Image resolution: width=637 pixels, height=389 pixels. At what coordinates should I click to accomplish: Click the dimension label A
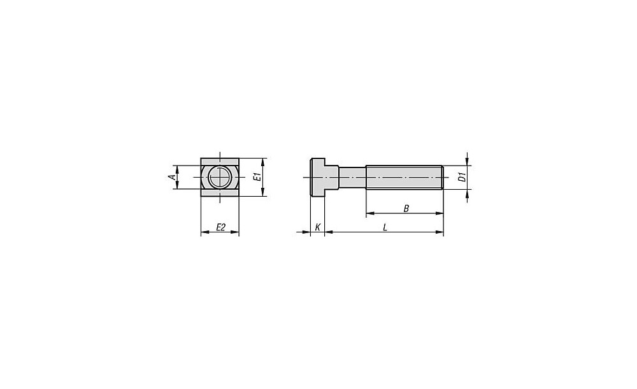tap(172, 177)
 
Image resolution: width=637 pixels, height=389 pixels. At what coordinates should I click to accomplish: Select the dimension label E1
tap(256, 177)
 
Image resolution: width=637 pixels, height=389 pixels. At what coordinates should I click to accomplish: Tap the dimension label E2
tap(220, 227)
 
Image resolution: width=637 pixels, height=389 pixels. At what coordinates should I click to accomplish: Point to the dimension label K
tap(318, 227)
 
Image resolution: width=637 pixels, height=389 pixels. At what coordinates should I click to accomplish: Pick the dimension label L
tap(385, 227)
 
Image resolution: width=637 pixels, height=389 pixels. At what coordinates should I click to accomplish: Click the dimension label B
tap(406, 209)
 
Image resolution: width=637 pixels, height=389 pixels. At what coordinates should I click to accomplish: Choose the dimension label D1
tap(461, 177)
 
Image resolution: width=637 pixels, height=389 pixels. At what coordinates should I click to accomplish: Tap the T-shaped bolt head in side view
tap(324, 178)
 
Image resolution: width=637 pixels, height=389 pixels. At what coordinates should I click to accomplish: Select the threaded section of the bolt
tap(404, 178)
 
